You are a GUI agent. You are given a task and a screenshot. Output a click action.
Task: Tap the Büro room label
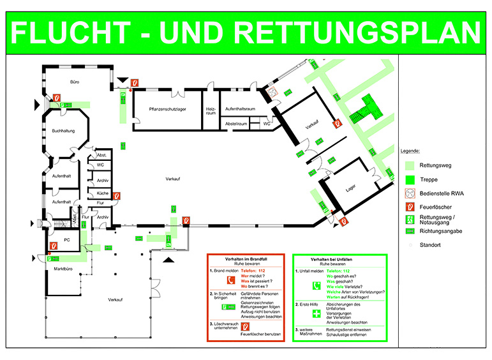75,82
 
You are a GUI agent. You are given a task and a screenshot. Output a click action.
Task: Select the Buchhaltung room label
63,131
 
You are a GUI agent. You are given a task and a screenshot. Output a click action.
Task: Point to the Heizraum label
211,109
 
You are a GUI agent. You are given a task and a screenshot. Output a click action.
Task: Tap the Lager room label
349,187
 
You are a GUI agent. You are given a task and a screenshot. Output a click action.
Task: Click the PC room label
66,240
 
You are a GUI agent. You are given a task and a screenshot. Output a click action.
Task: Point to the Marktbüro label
57,270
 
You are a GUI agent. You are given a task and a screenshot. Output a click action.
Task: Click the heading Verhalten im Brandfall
245,259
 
